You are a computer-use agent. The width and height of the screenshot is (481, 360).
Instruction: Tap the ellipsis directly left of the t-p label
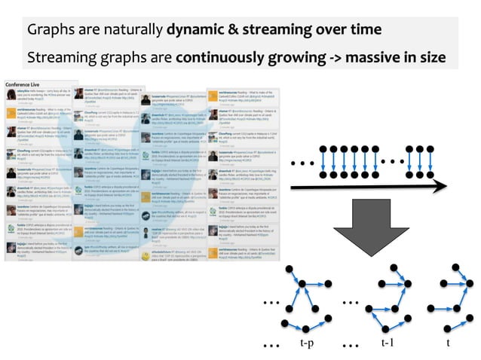271,345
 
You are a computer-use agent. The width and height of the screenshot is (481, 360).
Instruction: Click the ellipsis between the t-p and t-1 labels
349,345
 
